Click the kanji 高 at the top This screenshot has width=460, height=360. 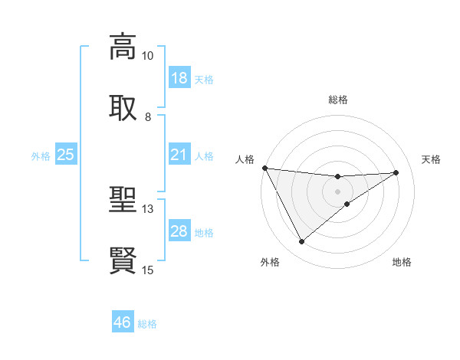coord(123,46)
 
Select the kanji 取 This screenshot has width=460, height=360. coord(123,107)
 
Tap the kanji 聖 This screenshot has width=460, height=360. coord(123,201)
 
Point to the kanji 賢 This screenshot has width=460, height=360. coord(123,260)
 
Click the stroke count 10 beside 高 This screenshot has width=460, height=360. coord(148,56)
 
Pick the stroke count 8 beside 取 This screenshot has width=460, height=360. coord(148,117)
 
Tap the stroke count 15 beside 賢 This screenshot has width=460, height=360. coord(148,270)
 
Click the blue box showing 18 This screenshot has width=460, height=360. coord(179,78)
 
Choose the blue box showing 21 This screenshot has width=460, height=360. coord(179,155)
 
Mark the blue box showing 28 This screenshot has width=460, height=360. coord(179,231)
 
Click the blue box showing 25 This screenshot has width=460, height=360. coord(66,155)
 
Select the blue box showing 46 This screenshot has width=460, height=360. coord(123,322)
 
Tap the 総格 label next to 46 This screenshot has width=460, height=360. coord(147,324)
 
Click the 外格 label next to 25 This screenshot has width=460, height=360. coord(41,155)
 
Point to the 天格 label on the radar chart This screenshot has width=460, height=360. coord(432,159)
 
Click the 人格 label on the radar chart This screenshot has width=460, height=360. coord(245,159)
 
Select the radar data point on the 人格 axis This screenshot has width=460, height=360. coord(264,168)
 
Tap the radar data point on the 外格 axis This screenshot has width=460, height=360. coord(301,242)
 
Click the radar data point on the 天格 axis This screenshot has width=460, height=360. coord(396,172)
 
